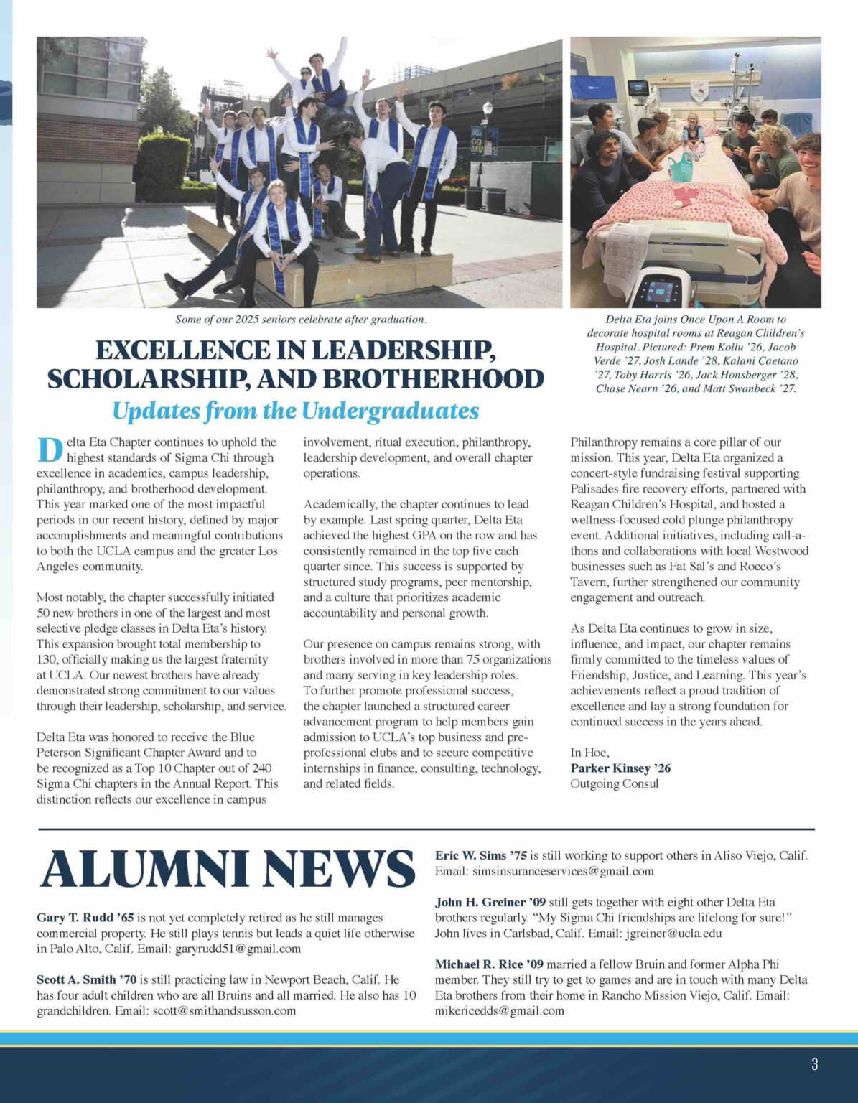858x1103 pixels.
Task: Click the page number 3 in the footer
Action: tap(814, 1064)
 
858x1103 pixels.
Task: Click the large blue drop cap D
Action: tap(50, 450)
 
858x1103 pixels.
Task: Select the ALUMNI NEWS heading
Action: tap(228, 869)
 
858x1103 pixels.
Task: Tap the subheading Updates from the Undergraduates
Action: tap(295, 411)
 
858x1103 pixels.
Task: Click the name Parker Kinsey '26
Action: tap(620, 768)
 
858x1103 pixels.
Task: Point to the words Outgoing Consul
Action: tap(614, 783)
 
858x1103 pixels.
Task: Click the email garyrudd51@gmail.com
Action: tap(238, 949)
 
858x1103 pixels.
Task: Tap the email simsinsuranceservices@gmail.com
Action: tap(562, 871)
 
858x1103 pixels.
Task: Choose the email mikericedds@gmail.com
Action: tap(499, 1010)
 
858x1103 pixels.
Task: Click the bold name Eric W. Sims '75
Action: tap(481, 855)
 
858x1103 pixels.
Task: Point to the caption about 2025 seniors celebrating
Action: tap(301, 320)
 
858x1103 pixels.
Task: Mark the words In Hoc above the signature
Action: tap(589, 753)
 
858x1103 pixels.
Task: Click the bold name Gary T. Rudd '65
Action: tap(85, 918)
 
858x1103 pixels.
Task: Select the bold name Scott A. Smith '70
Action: tap(86, 979)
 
